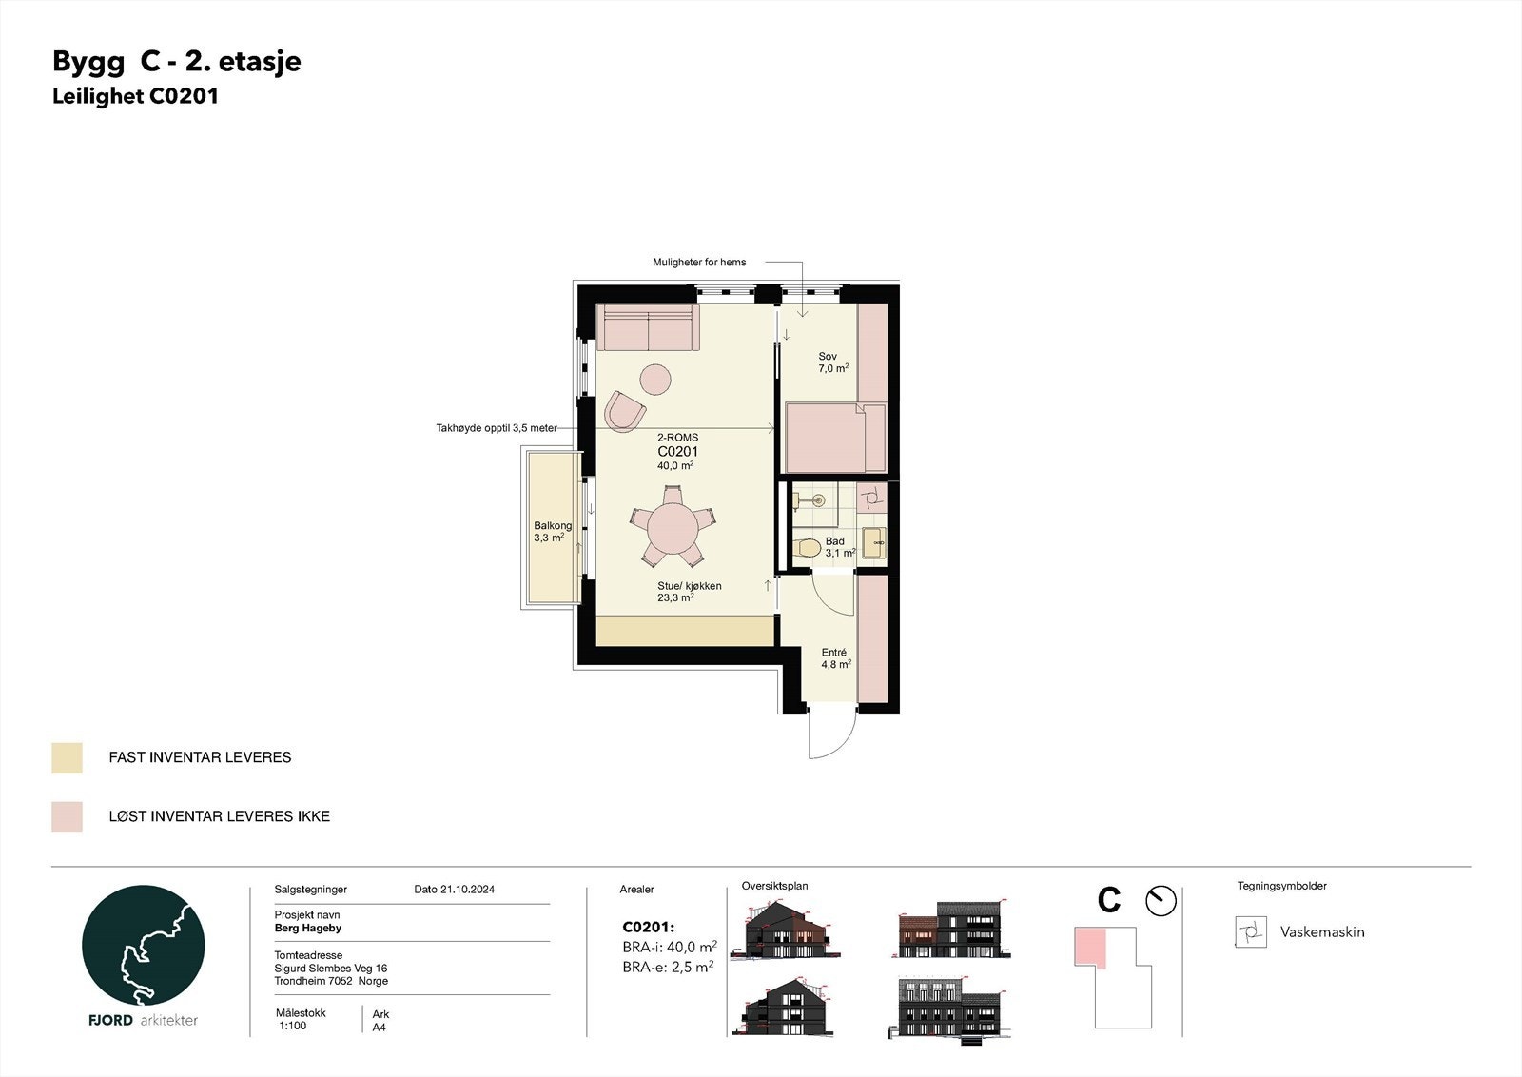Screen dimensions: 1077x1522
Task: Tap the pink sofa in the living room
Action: (x=648, y=327)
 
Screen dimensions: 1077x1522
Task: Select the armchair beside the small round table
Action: (x=625, y=411)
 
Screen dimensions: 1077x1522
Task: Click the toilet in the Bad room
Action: (x=808, y=548)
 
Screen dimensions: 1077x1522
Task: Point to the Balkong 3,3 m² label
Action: (x=552, y=532)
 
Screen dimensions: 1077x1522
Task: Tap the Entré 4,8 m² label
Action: (x=835, y=658)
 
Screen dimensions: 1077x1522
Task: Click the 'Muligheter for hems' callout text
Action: (x=699, y=263)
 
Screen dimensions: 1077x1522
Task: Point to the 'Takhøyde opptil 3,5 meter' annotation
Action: (x=497, y=429)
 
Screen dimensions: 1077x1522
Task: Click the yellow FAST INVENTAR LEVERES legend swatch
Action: (x=68, y=758)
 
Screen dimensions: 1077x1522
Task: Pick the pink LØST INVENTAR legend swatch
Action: (x=68, y=817)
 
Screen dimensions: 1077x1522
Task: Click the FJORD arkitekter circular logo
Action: (x=144, y=946)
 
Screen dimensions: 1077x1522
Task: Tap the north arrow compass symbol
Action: (x=1161, y=901)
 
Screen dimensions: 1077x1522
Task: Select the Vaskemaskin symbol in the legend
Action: (x=1251, y=932)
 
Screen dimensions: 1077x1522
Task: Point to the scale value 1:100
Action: (x=293, y=1027)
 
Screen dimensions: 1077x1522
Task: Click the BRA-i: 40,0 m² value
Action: (x=669, y=948)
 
